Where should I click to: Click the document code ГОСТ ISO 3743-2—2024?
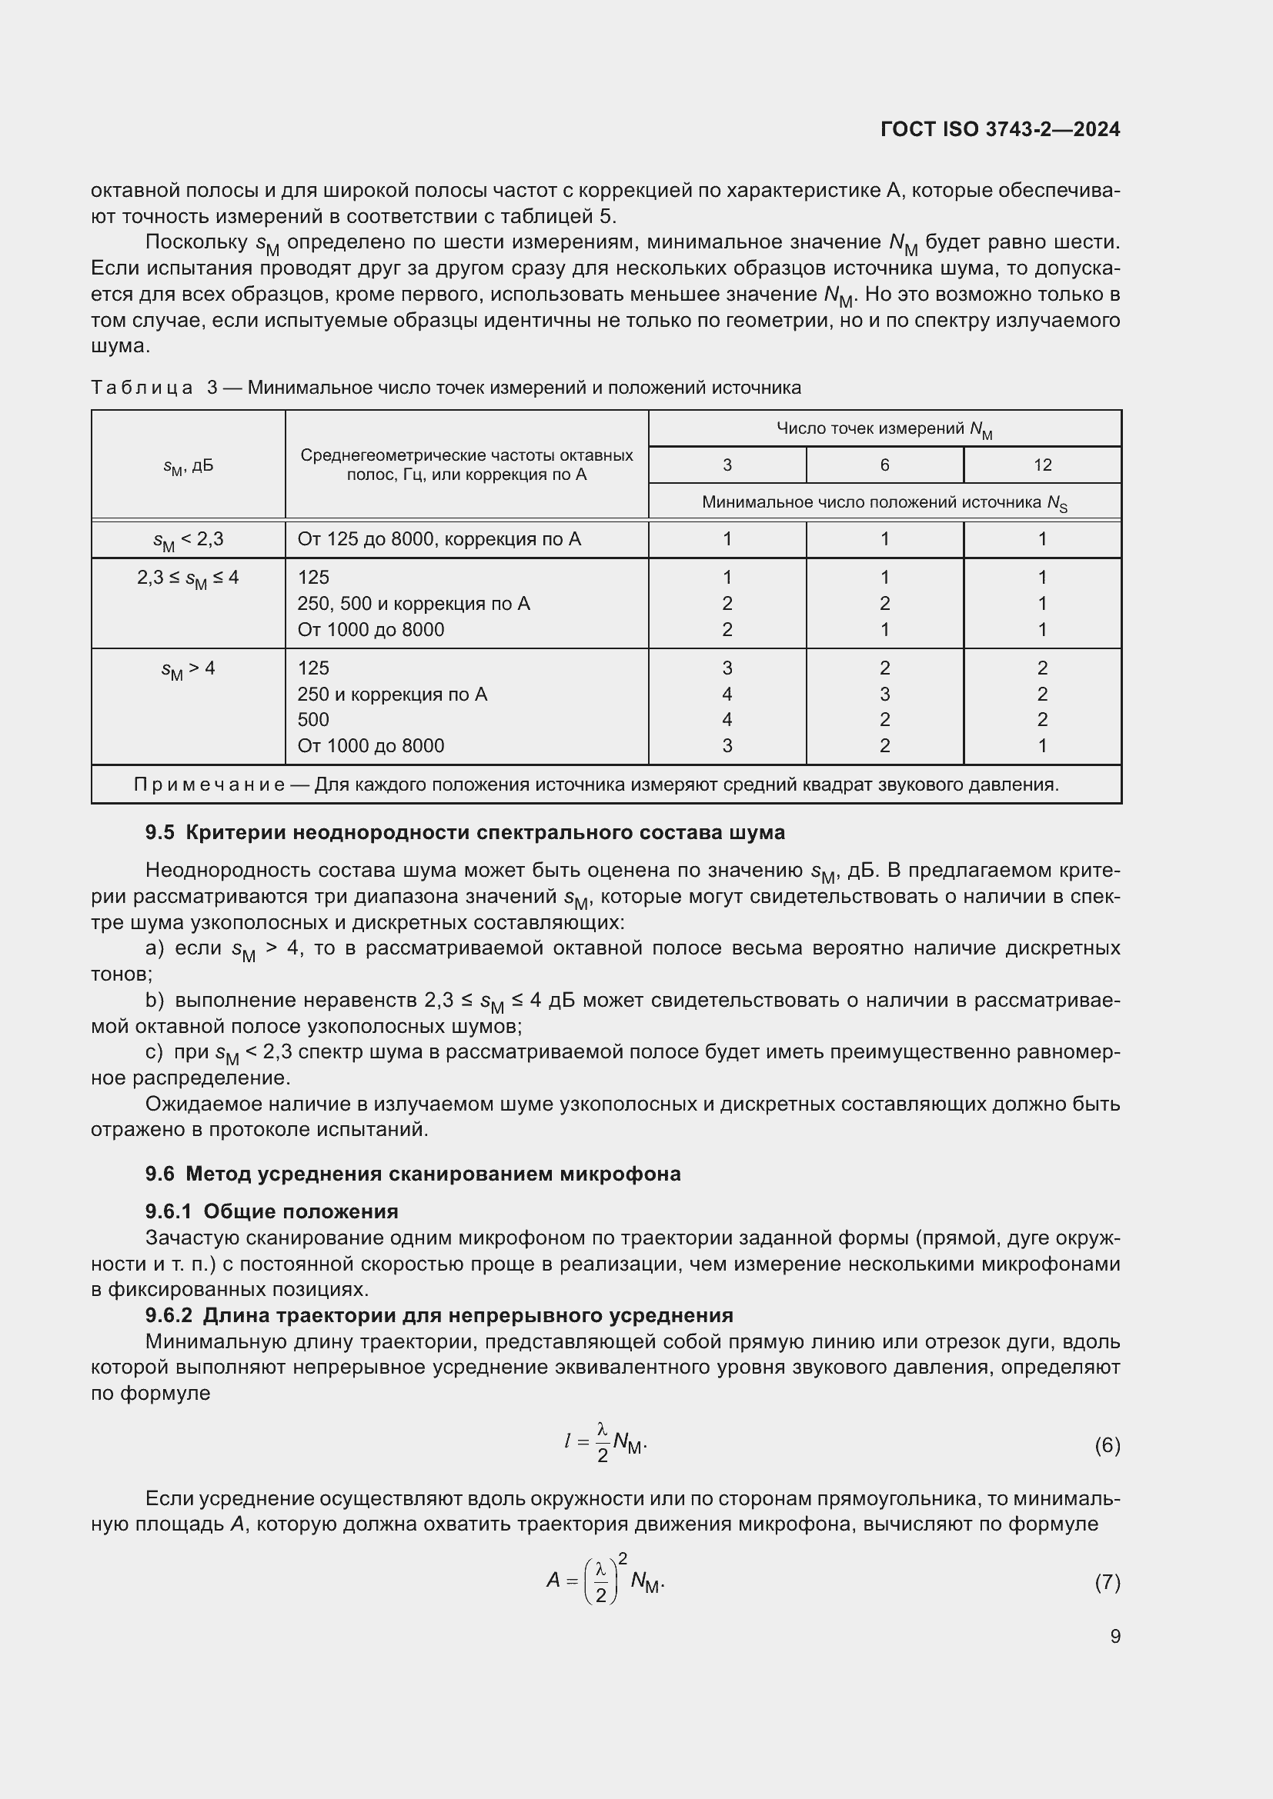(1001, 130)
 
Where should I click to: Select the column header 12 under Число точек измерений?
(1042, 465)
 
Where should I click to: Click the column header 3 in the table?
(727, 465)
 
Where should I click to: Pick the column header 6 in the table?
(884, 465)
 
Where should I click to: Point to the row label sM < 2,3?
(188, 540)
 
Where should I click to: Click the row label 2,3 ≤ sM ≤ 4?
(188, 578)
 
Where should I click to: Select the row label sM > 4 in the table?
(188, 669)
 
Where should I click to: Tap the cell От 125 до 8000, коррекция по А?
(439, 539)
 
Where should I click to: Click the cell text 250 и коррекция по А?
(392, 695)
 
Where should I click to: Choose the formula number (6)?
(1107, 1445)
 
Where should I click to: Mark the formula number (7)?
(1107, 1582)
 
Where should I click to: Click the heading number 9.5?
(160, 833)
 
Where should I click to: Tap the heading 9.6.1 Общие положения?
(271, 1211)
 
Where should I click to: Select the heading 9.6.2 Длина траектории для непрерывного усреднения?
(439, 1314)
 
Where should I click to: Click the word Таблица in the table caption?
(142, 388)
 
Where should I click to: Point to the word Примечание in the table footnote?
(209, 785)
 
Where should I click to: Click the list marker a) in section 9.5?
(155, 949)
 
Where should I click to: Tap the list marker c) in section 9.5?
(155, 1052)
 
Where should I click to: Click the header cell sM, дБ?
(188, 466)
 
